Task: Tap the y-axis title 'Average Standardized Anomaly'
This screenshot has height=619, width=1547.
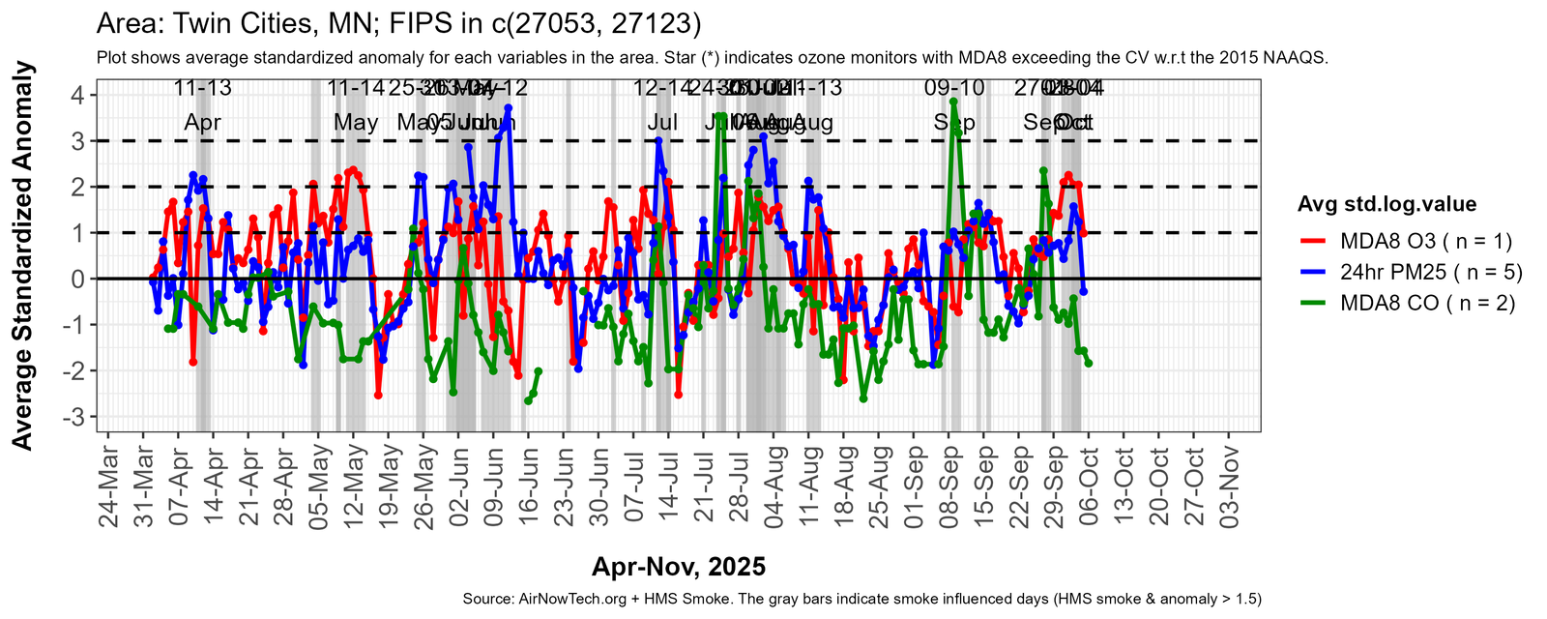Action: [22, 255]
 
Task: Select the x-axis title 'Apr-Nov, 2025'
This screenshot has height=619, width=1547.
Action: [678, 567]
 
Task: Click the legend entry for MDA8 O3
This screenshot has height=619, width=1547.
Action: [1425, 241]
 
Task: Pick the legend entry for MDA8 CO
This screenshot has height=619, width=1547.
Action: [1427, 303]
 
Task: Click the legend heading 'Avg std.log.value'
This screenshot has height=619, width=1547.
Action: [1386, 204]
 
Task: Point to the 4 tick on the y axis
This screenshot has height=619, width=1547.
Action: [76, 95]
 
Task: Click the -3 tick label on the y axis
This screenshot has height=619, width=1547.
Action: [73, 417]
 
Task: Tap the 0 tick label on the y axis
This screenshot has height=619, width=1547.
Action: [76, 279]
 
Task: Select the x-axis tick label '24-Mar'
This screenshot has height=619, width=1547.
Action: [109, 488]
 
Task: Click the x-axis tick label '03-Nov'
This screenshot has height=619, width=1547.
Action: [1231, 488]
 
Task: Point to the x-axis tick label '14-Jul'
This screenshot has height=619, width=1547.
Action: [670, 488]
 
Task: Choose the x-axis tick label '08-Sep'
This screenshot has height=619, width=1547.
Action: [950, 488]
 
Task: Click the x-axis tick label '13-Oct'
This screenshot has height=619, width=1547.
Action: [1125, 488]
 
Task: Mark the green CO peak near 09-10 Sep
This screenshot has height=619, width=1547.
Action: [953, 101]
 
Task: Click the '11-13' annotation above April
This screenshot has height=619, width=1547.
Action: [202, 88]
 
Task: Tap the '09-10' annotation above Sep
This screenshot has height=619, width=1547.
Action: [954, 88]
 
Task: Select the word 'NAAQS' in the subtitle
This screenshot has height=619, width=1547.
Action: [1299, 58]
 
